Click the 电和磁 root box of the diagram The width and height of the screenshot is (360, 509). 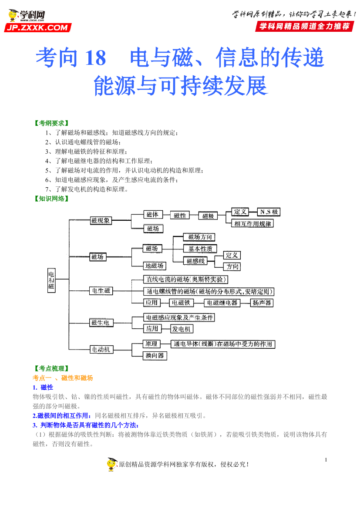tap(51, 280)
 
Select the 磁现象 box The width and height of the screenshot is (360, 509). tap(101, 221)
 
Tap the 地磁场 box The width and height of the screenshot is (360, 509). tap(155, 266)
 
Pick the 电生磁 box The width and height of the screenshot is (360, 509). tap(101, 291)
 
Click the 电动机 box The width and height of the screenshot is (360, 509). tap(101, 349)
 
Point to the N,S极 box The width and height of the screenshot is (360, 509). tap(268, 212)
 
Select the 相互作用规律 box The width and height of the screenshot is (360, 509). tap(252, 224)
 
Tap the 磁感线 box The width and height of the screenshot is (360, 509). tap(195, 261)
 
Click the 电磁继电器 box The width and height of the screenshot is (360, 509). tap(222, 303)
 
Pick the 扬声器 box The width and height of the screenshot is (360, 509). tap(262, 303)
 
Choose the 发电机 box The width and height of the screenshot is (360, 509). tap(182, 329)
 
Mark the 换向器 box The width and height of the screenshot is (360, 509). tap(155, 356)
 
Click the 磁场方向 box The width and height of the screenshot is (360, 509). tap(199, 237)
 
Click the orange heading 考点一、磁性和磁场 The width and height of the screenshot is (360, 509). tap(63, 378)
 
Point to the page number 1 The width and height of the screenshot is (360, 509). tap(326, 460)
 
